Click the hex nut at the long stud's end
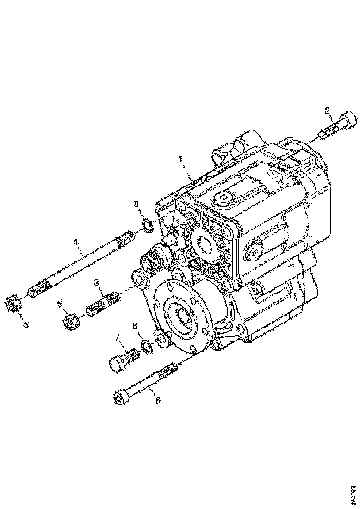[x=14, y=304]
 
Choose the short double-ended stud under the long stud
[x=102, y=302]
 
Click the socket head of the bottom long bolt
[x=120, y=397]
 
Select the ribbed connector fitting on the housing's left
[x=153, y=258]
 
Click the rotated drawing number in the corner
[x=353, y=490]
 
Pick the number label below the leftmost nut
[x=26, y=325]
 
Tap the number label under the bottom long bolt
[x=158, y=401]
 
